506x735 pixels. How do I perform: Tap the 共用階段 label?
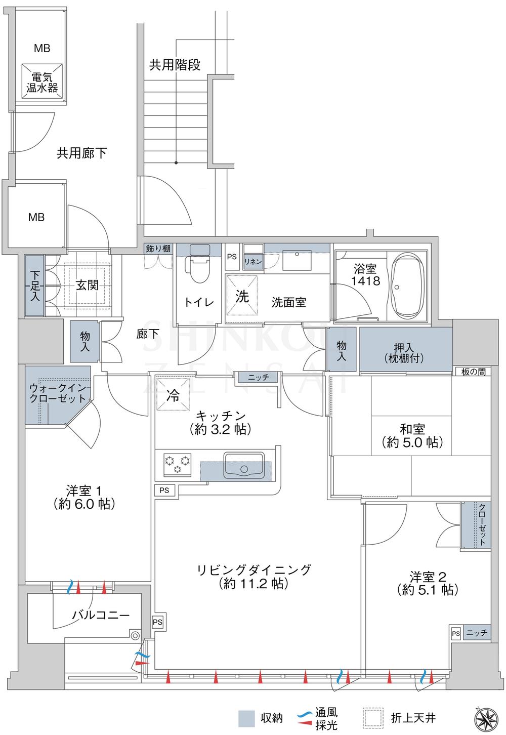pyautogui.click(x=175, y=65)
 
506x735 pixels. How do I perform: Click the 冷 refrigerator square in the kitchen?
pyautogui.click(x=174, y=395)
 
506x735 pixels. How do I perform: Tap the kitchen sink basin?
pyautogui.click(x=243, y=465)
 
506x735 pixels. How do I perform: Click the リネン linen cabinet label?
pyautogui.click(x=252, y=261)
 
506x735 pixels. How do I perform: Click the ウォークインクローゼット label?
pyautogui.click(x=58, y=393)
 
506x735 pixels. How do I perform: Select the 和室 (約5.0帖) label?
pyautogui.click(x=412, y=435)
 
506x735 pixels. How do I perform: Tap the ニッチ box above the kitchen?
pyautogui.click(x=258, y=377)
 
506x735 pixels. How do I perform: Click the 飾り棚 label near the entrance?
pyautogui.click(x=158, y=249)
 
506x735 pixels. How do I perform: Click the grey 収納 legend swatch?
pyautogui.click(x=246, y=717)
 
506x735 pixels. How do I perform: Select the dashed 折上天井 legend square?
pyautogui.click(x=372, y=717)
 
